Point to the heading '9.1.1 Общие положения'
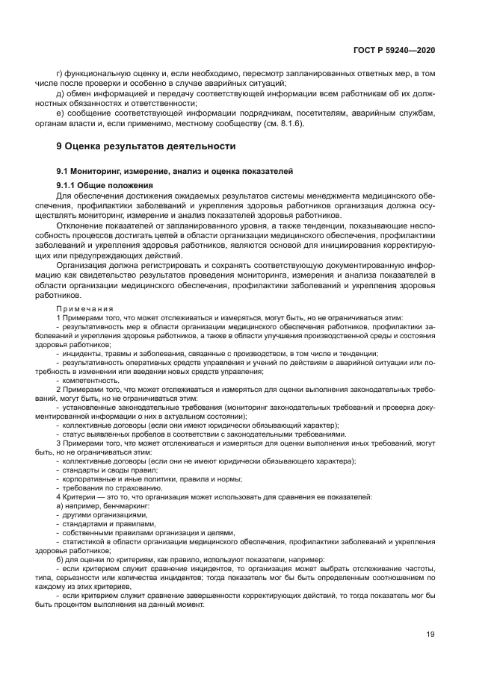[105, 185]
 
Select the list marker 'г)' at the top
[61, 74]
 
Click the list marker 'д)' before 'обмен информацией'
[61, 94]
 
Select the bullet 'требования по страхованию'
[108, 488]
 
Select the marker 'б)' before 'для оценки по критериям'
[61, 559]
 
